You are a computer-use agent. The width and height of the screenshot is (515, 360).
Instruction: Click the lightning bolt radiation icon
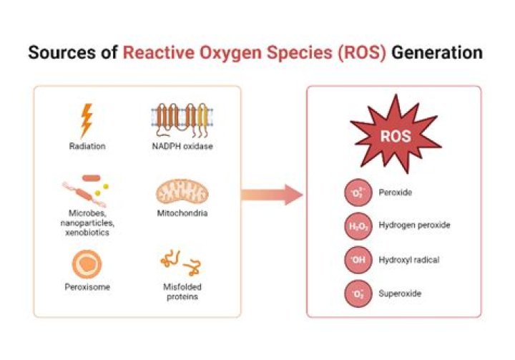pyautogui.click(x=87, y=121)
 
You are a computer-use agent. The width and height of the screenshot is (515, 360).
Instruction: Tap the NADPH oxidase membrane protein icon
pyautogui.click(x=181, y=120)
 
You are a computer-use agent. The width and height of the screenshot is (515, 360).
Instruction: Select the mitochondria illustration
pyautogui.click(x=180, y=192)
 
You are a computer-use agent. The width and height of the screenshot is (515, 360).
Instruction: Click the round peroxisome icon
pyautogui.click(x=87, y=263)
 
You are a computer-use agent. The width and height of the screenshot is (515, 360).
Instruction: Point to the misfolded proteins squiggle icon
pyautogui.click(x=180, y=263)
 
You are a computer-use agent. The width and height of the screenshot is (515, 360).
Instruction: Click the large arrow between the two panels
pyautogui.click(x=273, y=194)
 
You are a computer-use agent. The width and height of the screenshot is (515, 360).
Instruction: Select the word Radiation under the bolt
pyautogui.click(x=87, y=147)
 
